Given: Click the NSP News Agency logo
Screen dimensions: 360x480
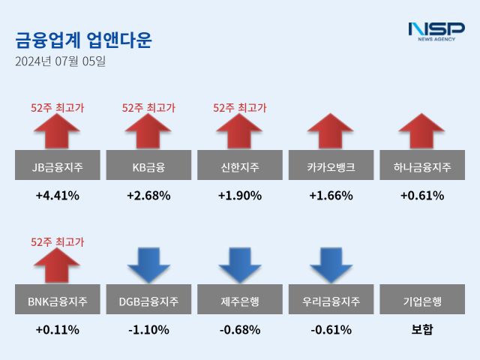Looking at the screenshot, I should [x=436, y=31].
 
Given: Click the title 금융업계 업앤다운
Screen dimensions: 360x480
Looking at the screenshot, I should [x=83, y=40].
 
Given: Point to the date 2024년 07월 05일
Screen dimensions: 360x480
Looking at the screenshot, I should [x=61, y=61].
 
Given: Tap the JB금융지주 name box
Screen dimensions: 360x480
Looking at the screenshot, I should [x=57, y=166].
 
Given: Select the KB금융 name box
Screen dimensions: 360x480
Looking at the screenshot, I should [x=148, y=166].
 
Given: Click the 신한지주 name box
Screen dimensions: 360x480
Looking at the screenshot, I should [x=240, y=166].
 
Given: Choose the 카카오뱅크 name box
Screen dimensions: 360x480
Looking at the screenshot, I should [x=331, y=166].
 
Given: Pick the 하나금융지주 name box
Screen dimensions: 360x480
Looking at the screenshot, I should [x=422, y=166].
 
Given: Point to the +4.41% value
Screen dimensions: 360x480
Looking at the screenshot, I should [x=57, y=196].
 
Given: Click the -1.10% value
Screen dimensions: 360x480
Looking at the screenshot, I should [x=148, y=330].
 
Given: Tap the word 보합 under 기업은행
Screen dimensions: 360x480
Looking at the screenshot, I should [x=422, y=330].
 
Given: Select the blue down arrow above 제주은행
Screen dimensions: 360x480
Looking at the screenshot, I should [x=240, y=265].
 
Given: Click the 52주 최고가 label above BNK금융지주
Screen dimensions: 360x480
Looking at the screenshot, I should [x=57, y=241].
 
